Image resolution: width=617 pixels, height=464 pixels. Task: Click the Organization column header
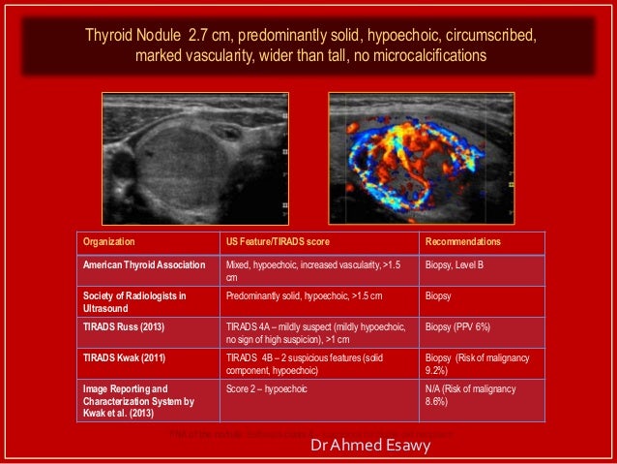point(108,242)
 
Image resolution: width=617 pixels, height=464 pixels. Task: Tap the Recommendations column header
point(466,242)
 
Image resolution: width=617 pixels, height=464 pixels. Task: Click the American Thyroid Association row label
point(144,263)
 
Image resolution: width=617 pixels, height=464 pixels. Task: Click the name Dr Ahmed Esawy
point(370,449)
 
